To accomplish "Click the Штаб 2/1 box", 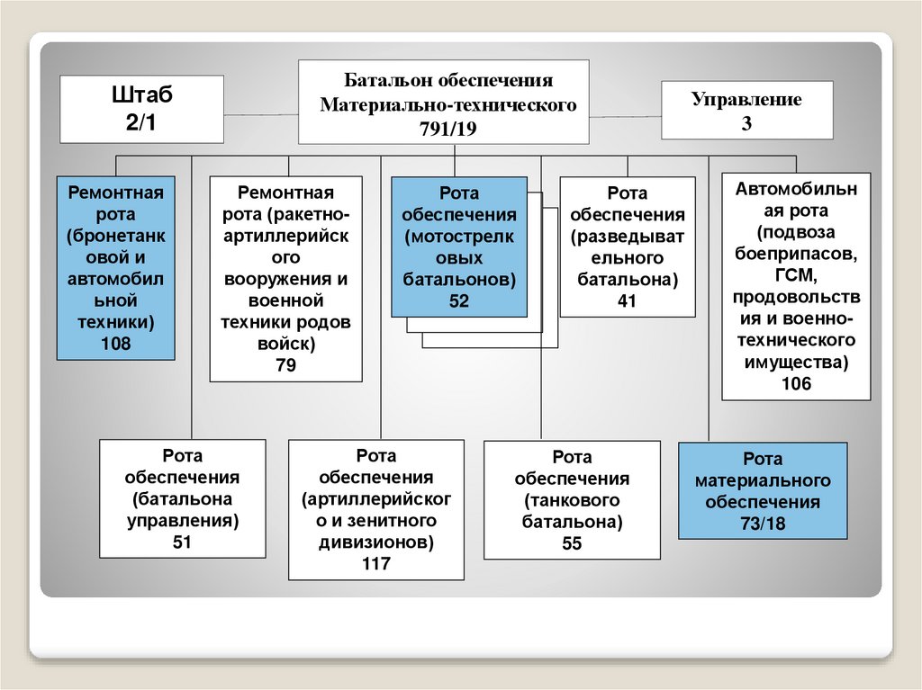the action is [141, 108].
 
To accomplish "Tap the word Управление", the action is [746, 99].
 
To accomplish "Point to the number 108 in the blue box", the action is [116, 343].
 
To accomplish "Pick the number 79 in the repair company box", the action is [286, 365].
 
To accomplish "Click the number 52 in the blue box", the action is [459, 301].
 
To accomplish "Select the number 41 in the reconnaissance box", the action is [628, 301].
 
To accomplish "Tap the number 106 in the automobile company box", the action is [797, 383].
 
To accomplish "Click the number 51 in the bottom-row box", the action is [183, 541].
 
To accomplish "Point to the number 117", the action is [376, 564].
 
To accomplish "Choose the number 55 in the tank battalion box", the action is [573, 543].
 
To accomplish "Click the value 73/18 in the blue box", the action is [763, 524].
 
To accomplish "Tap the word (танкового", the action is [573, 500].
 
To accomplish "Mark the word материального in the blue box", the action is [763, 480].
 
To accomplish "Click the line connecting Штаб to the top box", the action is [261, 114].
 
